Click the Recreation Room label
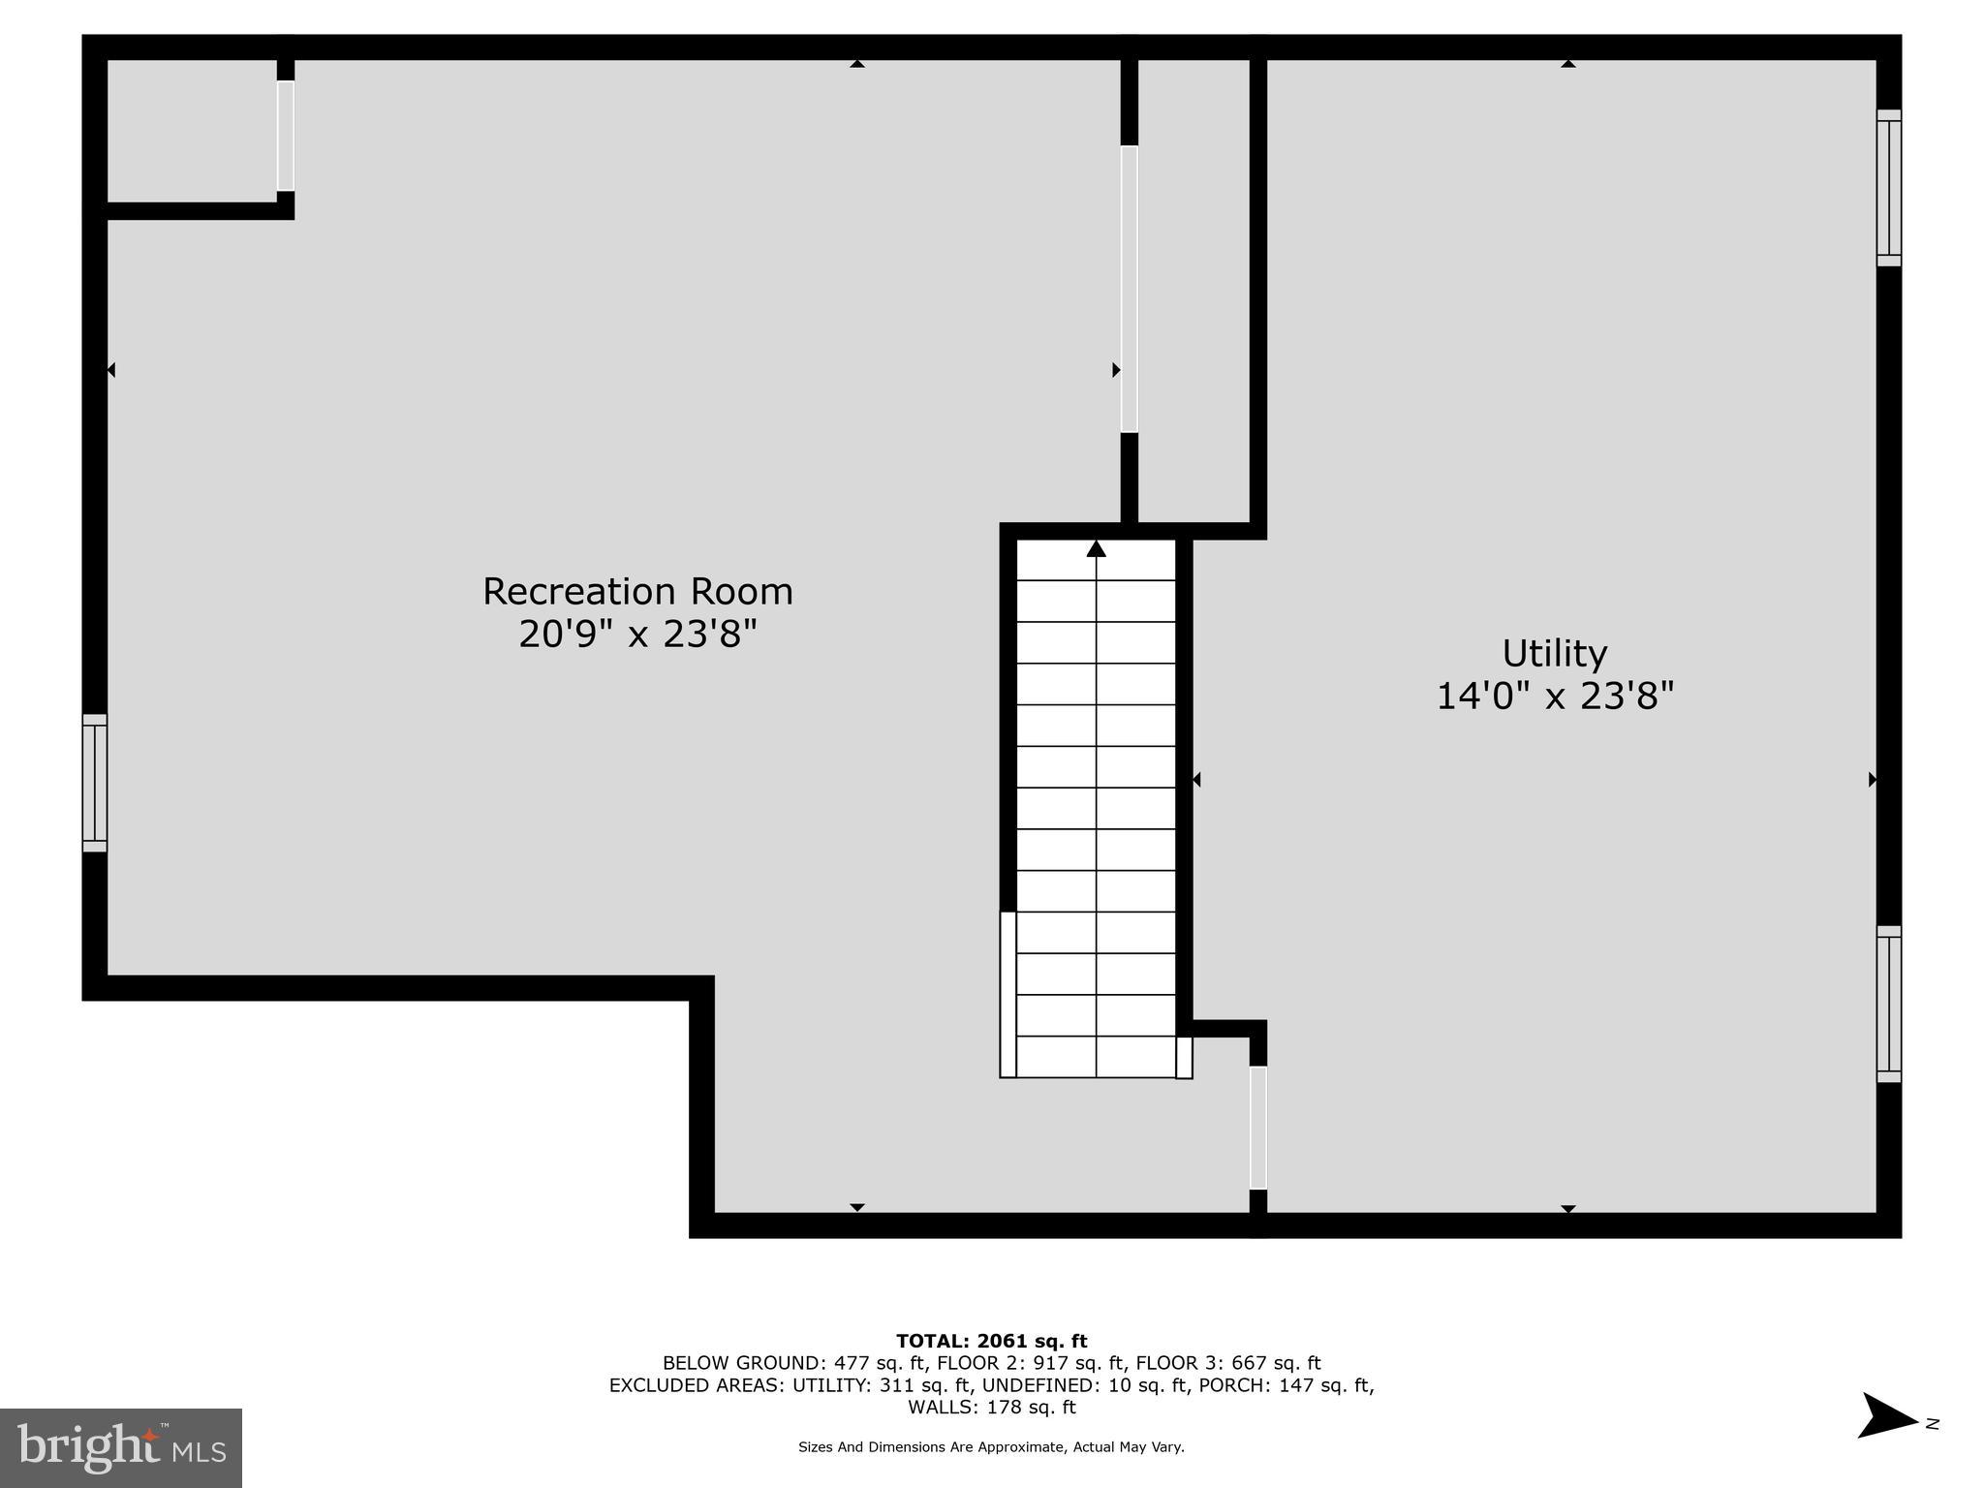(x=637, y=591)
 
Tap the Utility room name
(x=1554, y=653)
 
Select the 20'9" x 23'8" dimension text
(x=637, y=635)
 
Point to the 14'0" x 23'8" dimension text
(x=1554, y=696)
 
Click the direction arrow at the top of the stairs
(x=1096, y=549)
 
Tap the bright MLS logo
(x=121, y=1447)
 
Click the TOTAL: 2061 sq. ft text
(x=991, y=1341)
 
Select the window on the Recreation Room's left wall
(x=94, y=783)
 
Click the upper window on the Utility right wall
(x=1888, y=188)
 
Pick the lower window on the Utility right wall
(x=1888, y=1004)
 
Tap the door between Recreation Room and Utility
(x=1257, y=1128)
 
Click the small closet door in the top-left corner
(x=285, y=136)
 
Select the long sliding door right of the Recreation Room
(x=1129, y=289)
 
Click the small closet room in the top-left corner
(x=191, y=132)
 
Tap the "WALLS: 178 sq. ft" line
(x=991, y=1407)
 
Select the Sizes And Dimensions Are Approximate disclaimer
(x=991, y=1447)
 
